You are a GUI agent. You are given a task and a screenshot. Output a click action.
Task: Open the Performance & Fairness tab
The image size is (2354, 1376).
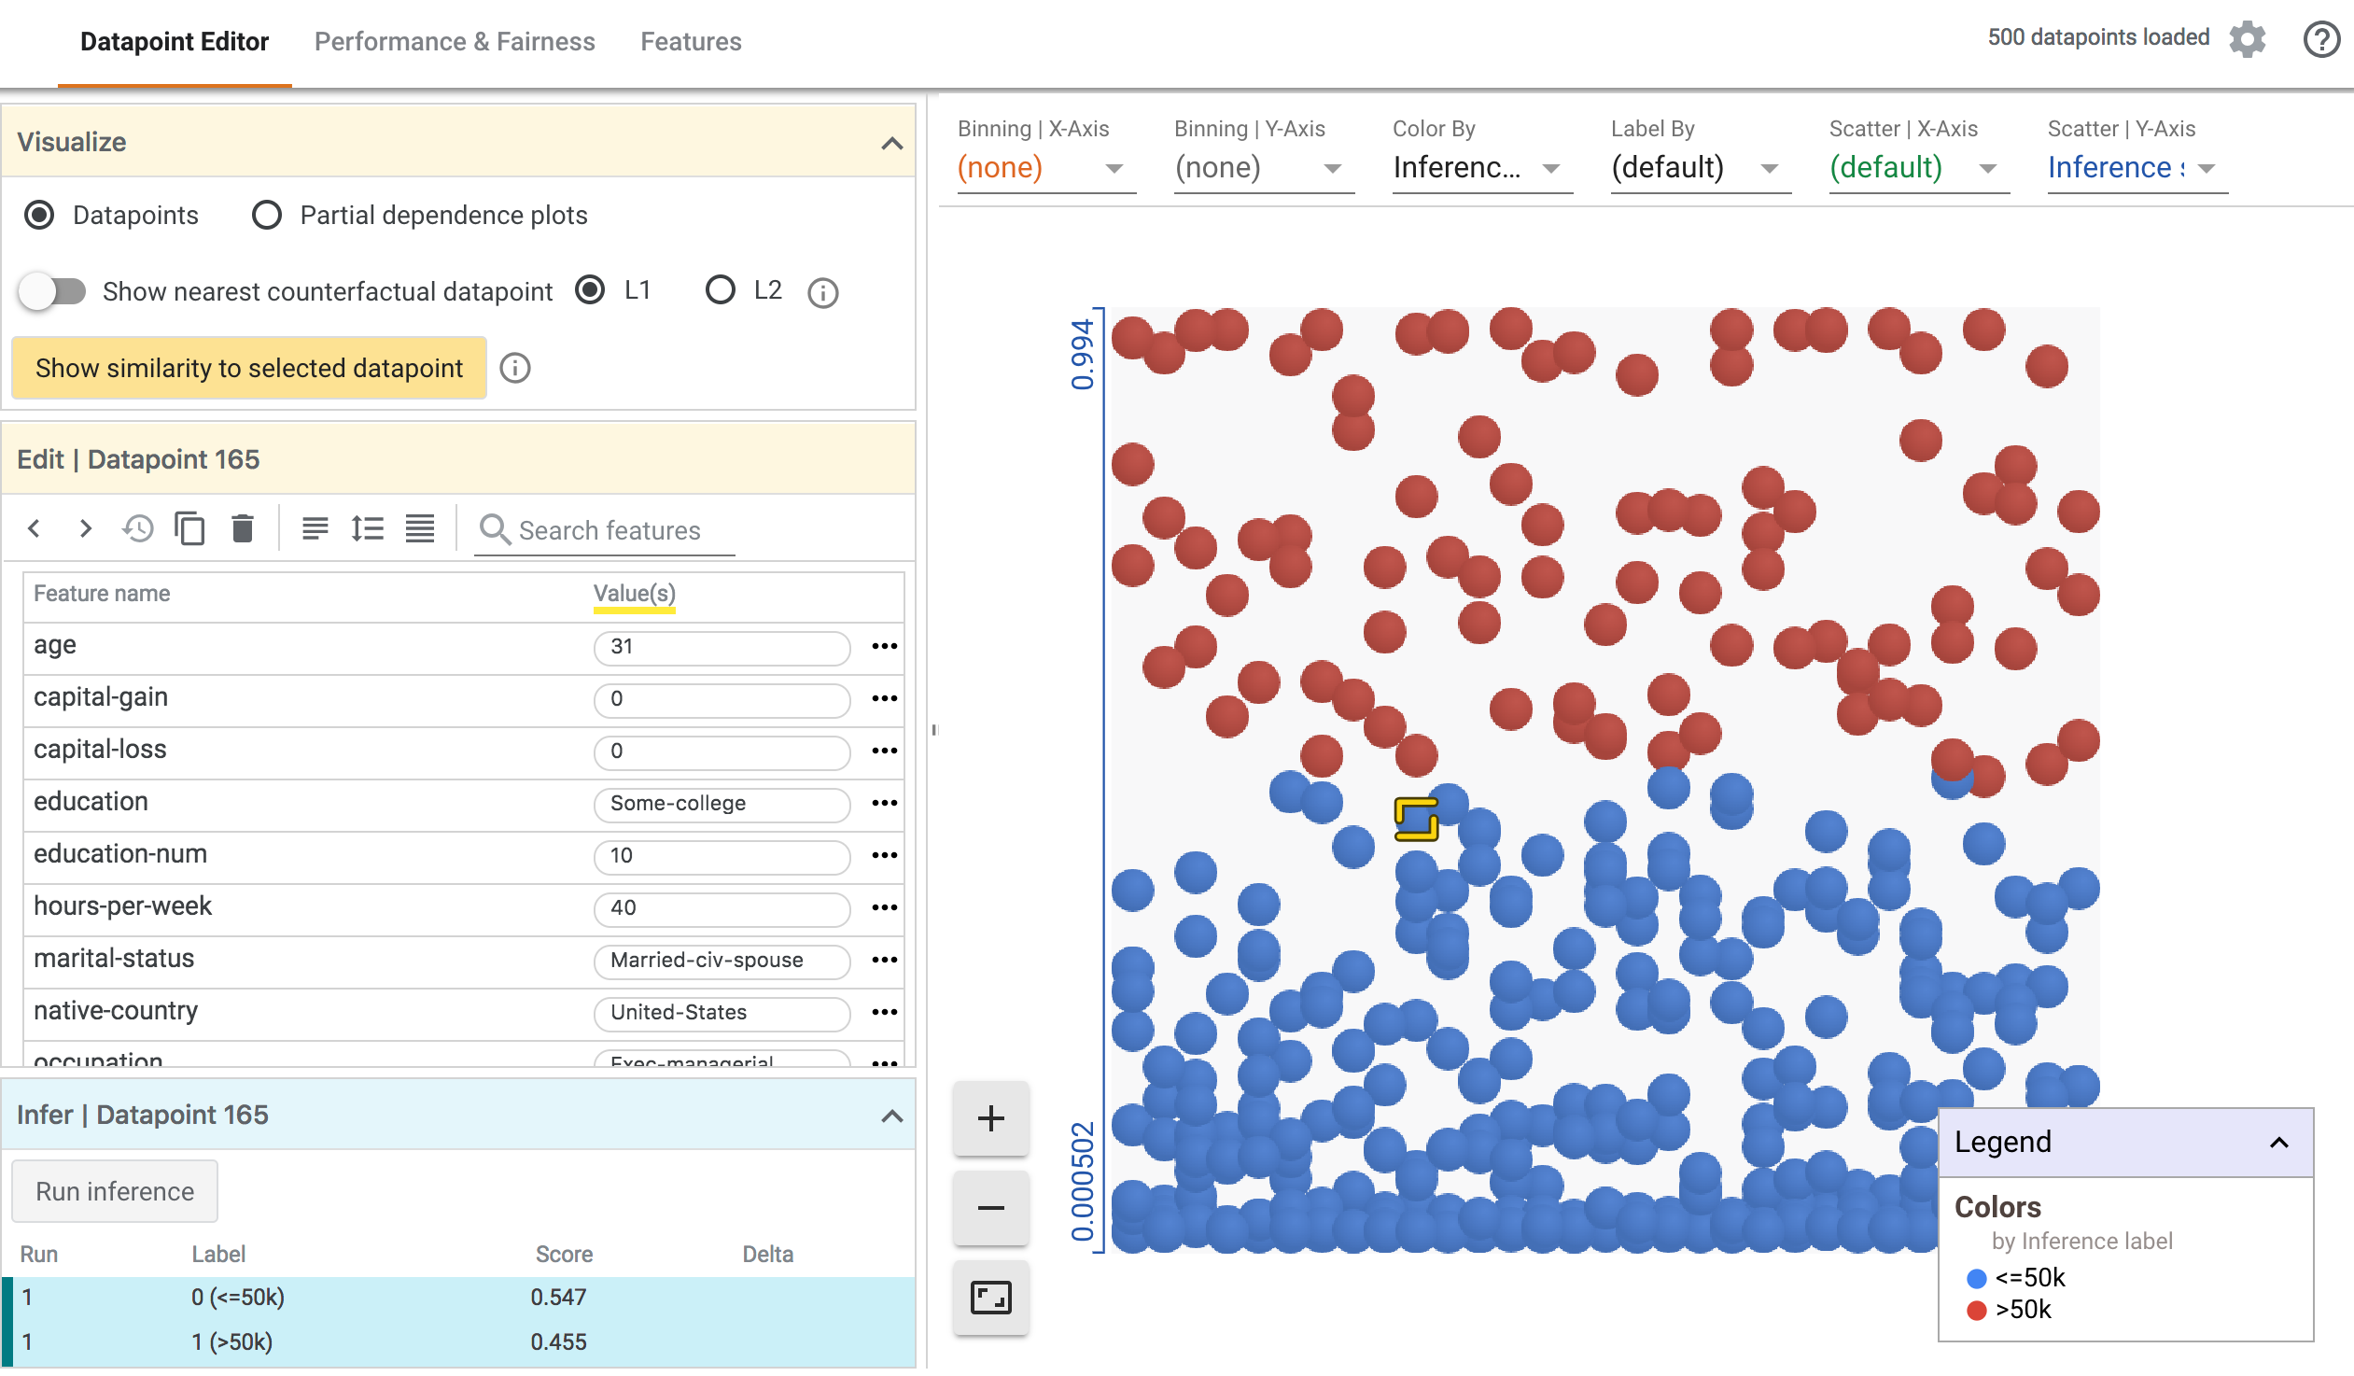[x=454, y=42]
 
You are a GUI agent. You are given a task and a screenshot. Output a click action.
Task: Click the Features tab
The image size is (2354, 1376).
[x=691, y=42]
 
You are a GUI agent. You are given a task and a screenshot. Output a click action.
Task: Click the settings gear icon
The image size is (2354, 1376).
[x=2247, y=39]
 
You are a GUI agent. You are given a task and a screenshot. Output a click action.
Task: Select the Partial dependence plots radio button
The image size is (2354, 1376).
[x=267, y=216]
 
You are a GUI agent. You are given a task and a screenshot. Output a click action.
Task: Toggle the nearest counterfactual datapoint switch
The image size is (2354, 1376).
[x=53, y=291]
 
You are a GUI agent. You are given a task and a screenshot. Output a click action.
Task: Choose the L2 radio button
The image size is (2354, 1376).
[x=721, y=290]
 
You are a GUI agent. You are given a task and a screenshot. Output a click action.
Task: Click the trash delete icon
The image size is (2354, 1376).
[x=243, y=529]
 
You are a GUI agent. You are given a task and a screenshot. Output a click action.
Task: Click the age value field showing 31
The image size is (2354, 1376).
[x=722, y=646]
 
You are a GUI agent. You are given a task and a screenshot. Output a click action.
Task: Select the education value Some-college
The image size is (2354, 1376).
[x=722, y=804]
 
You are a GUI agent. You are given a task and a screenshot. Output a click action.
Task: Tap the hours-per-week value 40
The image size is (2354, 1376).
[x=722, y=908]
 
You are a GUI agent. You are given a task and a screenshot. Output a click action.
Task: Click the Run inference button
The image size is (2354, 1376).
[x=115, y=1192]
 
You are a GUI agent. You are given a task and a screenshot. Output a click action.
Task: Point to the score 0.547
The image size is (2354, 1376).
[x=558, y=1298]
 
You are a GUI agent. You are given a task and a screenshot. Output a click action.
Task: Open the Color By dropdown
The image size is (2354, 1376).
[x=1481, y=168]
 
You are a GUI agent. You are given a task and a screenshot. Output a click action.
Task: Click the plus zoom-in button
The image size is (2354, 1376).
[x=990, y=1118]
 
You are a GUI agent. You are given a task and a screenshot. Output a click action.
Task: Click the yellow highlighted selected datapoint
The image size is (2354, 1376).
[x=1416, y=820]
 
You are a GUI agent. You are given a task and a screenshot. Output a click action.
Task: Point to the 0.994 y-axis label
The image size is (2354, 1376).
[x=1082, y=354]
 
